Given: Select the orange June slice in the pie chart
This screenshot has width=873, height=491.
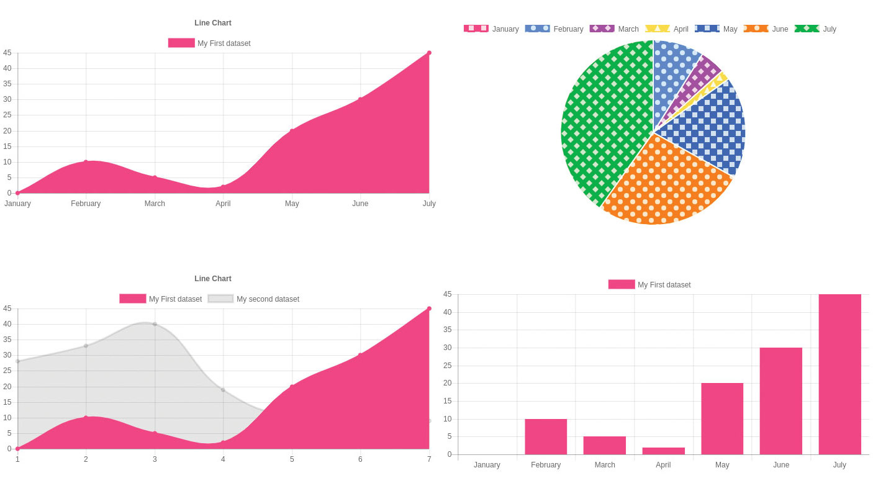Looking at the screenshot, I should tap(664, 183).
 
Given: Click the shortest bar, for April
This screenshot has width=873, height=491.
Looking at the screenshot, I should tap(663, 451).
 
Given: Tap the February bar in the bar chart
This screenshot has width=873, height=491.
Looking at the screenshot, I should tap(546, 436).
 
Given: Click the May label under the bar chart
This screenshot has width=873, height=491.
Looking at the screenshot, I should tap(722, 465).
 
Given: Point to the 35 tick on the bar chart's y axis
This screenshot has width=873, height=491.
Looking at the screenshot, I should tap(447, 330).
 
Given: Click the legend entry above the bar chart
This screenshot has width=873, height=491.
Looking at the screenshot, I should tap(649, 285).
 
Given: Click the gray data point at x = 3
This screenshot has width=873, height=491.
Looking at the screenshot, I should tap(155, 324).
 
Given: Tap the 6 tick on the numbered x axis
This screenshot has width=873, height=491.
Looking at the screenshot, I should tap(360, 459).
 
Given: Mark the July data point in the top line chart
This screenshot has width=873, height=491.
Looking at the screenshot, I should tap(429, 53).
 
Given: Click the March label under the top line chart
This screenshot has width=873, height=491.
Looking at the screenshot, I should tap(155, 204).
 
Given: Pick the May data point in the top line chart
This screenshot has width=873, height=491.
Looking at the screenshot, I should tap(292, 131).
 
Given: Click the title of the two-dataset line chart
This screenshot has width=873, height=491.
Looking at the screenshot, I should tap(212, 279).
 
